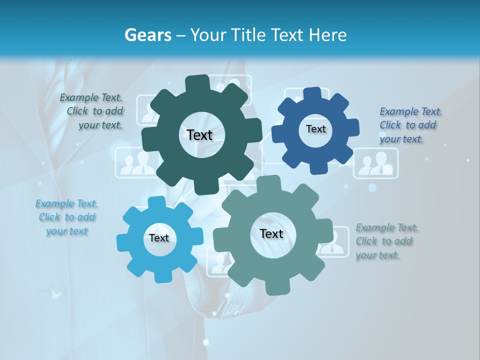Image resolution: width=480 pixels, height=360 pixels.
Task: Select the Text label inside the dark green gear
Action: point(199,135)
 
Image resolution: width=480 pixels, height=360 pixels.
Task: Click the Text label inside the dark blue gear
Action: point(315,129)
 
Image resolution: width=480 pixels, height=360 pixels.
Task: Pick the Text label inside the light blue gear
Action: point(159,238)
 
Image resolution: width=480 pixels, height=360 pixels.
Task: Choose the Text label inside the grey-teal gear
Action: point(271,234)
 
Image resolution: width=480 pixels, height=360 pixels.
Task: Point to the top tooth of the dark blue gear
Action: point(313,93)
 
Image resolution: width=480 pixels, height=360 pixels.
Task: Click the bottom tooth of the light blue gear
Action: point(161,276)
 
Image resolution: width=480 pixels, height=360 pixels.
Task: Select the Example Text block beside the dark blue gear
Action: point(410,125)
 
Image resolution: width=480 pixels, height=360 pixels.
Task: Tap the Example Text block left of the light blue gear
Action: point(66,217)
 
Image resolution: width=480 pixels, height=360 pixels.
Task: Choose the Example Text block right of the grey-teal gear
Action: point(386,241)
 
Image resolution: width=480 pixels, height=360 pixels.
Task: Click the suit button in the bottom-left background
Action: point(56,290)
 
